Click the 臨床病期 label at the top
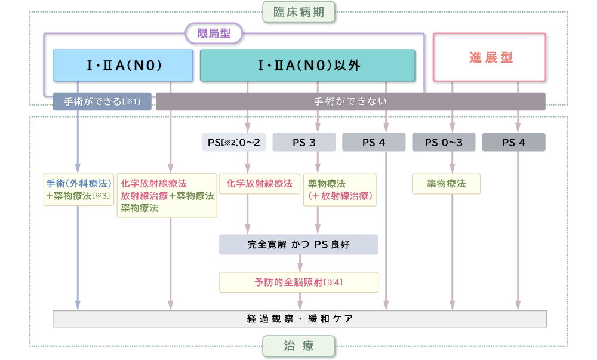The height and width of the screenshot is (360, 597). (x=298, y=11)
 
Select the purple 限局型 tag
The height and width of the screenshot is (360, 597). (x=213, y=33)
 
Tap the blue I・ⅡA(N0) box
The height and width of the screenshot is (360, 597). (x=123, y=65)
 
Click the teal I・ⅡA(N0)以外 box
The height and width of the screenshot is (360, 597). (x=307, y=65)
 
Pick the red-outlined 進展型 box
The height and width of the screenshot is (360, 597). (x=489, y=57)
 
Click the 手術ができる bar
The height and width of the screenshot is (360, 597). (x=102, y=101)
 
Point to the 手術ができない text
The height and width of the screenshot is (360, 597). (x=350, y=101)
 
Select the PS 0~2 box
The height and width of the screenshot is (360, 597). (x=233, y=142)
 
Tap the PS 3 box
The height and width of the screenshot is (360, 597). (x=303, y=142)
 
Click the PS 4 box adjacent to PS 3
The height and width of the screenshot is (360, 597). (x=374, y=142)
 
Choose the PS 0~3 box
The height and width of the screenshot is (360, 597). (x=444, y=142)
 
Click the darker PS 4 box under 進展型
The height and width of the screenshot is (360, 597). (x=513, y=142)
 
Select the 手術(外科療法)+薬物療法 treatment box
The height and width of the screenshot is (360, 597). (x=79, y=190)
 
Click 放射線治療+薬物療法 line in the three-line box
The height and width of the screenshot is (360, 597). (x=167, y=196)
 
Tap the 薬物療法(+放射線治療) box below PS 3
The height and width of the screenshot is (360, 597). (x=340, y=190)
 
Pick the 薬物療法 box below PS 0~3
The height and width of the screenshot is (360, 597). (x=446, y=184)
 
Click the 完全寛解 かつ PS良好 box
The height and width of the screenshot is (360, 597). (x=298, y=244)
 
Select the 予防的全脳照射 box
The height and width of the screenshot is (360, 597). (x=298, y=282)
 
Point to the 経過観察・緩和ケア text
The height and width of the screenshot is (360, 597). (x=300, y=319)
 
